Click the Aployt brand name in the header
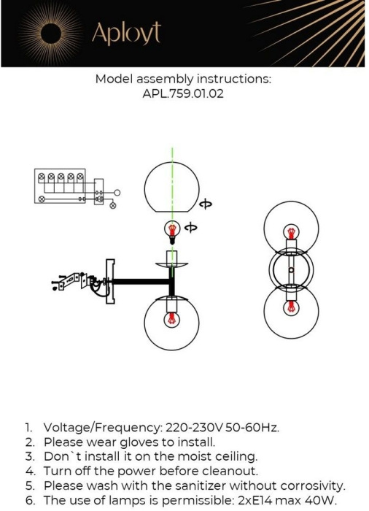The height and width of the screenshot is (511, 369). point(126,33)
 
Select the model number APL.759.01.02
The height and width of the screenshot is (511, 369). point(183,94)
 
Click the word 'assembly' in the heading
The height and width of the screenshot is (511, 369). point(165,79)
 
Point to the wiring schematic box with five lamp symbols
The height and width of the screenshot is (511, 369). point(60,186)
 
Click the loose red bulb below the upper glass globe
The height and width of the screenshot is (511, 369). point(172,232)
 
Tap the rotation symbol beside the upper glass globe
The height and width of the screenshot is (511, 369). point(206,204)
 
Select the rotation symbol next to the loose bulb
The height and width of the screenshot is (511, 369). point(190,228)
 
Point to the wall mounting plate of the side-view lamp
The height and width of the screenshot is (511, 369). point(110,281)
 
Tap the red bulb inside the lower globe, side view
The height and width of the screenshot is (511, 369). point(171,320)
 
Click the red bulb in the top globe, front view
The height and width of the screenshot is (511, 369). point(291,232)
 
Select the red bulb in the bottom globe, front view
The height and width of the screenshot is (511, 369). point(291,308)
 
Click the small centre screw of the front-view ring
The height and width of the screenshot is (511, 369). point(291,270)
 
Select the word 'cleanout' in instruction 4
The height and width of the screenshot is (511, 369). point(230,472)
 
